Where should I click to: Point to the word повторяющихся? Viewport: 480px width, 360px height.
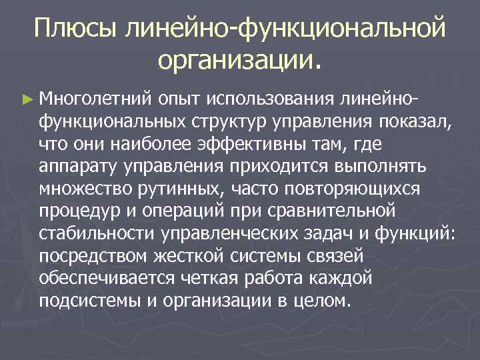(353, 189)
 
